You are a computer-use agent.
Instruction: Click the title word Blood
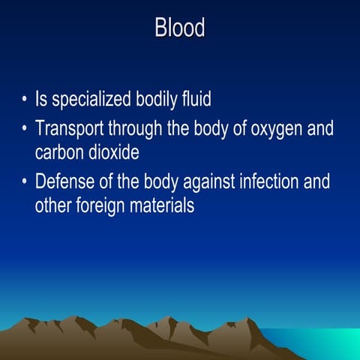[180, 28]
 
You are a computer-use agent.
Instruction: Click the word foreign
[106, 205]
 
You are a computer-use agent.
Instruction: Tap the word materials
[164, 205]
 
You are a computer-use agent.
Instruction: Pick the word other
[53, 205]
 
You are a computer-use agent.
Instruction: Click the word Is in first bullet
[42, 102]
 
